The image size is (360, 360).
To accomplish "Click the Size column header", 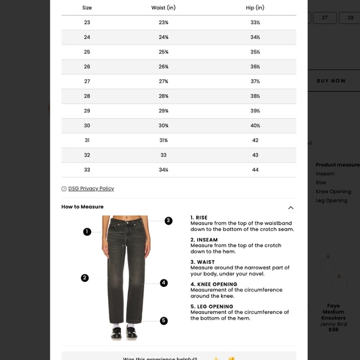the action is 87,8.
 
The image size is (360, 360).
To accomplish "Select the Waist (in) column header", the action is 163,8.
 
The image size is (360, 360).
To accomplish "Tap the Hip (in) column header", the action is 255,8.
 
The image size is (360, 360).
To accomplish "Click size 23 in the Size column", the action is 87,22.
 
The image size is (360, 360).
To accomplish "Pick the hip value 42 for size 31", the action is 255,140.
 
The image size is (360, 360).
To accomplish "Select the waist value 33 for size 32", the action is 163,155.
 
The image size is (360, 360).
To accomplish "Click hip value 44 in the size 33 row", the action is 255,170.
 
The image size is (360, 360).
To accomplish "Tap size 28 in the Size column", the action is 87,96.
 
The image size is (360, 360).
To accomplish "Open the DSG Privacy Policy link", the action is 91,189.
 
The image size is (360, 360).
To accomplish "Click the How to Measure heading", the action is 83,207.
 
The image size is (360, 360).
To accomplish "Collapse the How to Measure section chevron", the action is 290,207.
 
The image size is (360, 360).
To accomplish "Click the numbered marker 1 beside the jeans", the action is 87,232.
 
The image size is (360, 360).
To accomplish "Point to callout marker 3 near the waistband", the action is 168,220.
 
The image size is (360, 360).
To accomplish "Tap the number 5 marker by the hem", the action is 164,321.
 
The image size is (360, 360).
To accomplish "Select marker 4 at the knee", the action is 164,283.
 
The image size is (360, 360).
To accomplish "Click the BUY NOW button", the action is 331,81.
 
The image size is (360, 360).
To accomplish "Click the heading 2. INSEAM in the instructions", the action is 204,240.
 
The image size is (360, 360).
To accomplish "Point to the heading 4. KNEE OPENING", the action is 214,284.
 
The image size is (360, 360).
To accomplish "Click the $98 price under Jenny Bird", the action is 333,330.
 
